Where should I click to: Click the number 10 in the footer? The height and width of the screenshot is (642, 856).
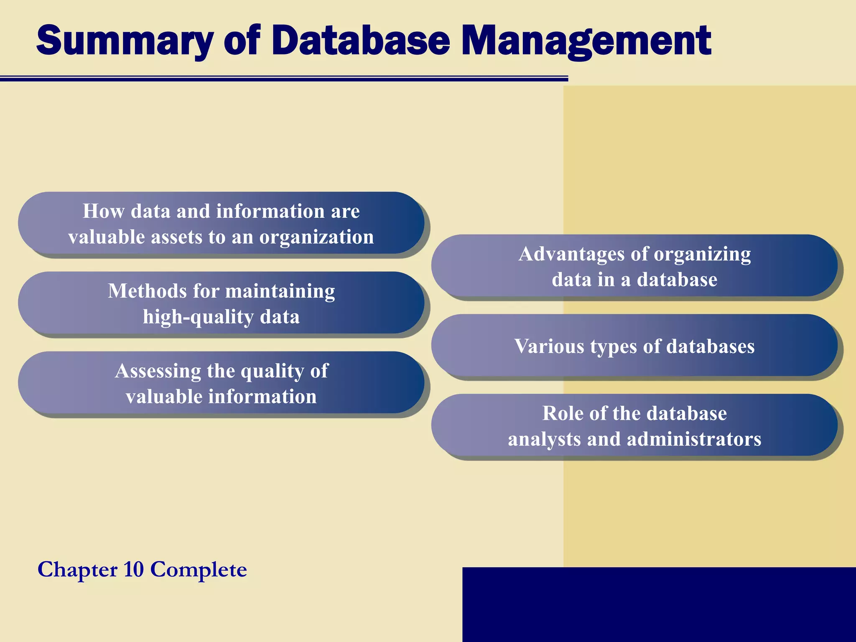(x=134, y=569)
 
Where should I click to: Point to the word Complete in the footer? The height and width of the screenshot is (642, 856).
(x=199, y=569)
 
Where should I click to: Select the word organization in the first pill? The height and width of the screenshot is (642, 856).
(x=316, y=237)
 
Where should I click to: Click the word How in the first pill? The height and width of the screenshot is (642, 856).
(x=103, y=211)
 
